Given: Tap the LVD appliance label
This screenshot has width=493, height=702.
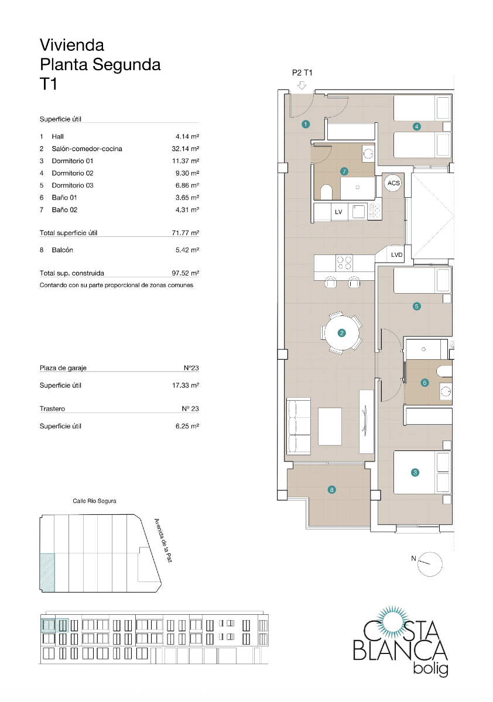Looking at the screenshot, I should (396, 254).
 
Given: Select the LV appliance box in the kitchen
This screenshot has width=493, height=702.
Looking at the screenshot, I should (338, 212).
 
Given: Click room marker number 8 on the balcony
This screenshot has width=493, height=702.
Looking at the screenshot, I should (332, 490).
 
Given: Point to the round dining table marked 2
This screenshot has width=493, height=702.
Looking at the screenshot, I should (342, 333).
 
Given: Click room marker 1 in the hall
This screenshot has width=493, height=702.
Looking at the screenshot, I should (305, 124).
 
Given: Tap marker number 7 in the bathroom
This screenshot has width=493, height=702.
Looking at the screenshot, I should (344, 171).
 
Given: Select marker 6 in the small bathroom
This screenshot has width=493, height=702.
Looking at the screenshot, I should (425, 383).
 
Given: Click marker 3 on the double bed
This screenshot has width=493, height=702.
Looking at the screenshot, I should (415, 473).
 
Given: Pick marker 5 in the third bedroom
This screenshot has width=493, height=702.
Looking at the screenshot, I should (417, 305).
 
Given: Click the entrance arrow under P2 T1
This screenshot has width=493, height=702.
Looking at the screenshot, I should (302, 85).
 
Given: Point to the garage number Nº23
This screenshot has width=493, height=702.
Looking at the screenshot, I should (190, 368).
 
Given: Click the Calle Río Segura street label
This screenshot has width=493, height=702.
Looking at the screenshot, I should (94, 501).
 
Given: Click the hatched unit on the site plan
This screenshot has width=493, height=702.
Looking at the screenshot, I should (47, 572).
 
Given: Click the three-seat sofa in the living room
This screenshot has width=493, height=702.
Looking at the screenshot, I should (298, 425).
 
